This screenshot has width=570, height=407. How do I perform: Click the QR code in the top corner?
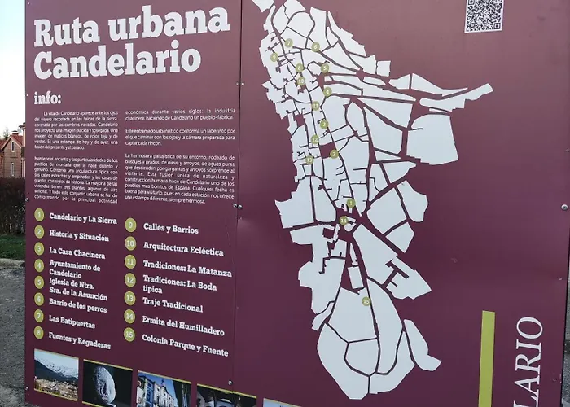(484, 15)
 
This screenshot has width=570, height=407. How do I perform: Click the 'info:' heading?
(47, 98)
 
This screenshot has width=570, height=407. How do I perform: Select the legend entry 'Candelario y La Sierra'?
(82, 218)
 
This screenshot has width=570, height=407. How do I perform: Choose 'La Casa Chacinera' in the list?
(77, 253)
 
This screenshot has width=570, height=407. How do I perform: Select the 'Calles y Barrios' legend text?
(171, 228)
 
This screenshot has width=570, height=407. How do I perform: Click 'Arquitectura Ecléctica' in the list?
(183, 247)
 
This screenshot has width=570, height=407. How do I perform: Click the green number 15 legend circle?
(129, 334)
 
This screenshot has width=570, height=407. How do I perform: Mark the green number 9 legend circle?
(130, 224)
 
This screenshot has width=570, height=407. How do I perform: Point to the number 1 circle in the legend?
(39, 214)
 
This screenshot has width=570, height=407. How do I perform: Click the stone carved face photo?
(107, 383)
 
